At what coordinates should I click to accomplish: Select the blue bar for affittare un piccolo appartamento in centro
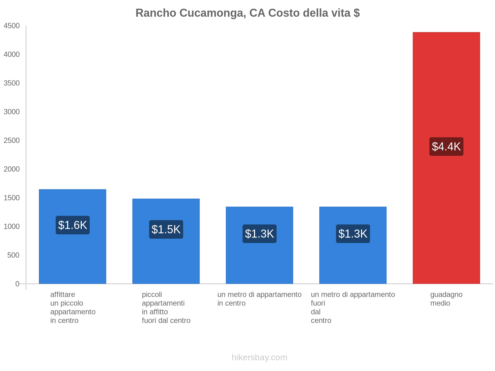click(x=72, y=260)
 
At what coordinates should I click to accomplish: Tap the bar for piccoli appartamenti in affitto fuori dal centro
click(x=166, y=263)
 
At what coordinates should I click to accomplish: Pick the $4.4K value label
click(x=446, y=147)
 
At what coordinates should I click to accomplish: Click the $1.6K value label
click(x=73, y=225)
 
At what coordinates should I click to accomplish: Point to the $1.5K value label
click(x=166, y=229)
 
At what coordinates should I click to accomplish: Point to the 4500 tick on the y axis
click(x=12, y=26)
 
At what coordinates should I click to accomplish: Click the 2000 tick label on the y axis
click(x=12, y=169)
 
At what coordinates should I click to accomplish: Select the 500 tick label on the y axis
click(x=14, y=255)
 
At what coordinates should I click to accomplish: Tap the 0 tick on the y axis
click(x=17, y=284)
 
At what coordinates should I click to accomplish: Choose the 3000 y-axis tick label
click(x=12, y=112)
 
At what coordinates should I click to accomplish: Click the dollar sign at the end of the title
click(x=356, y=13)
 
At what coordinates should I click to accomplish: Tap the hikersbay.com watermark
click(x=259, y=357)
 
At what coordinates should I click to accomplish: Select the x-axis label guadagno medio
click(x=446, y=299)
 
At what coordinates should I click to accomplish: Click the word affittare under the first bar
click(x=62, y=295)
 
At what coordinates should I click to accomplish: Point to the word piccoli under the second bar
click(x=152, y=295)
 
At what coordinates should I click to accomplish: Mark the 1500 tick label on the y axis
click(x=12, y=198)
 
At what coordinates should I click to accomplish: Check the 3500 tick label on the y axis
click(x=12, y=83)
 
